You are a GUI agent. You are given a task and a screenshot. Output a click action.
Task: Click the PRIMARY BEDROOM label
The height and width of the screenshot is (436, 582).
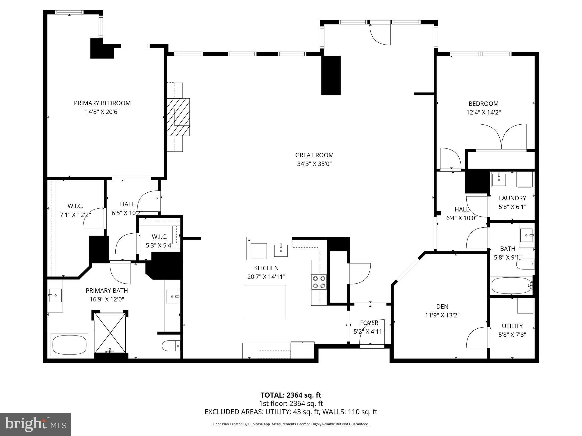pyautogui.click(x=102, y=103)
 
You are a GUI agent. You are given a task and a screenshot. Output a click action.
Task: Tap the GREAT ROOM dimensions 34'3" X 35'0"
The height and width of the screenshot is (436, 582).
pyautogui.click(x=314, y=164)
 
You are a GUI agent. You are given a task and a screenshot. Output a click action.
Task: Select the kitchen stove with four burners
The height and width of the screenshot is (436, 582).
pyautogui.click(x=319, y=282)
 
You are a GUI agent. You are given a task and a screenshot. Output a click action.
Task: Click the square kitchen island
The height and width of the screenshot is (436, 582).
pyautogui.click(x=265, y=302)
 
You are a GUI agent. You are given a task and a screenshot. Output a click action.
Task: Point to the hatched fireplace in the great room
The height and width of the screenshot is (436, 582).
pyautogui.click(x=178, y=117)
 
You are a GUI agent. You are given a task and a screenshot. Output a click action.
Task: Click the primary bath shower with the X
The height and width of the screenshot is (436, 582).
pyautogui.click(x=110, y=332)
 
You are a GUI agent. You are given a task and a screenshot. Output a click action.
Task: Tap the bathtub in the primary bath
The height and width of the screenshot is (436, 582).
pyautogui.click(x=69, y=345)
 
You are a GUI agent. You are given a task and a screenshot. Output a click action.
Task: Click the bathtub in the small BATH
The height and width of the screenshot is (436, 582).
pyautogui.click(x=511, y=286)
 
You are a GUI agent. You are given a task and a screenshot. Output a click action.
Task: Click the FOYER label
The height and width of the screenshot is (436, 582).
pyautogui.click(x=369, y=323)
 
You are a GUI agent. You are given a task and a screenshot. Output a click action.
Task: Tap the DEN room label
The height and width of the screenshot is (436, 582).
pyautogui.click(x=442, y=306)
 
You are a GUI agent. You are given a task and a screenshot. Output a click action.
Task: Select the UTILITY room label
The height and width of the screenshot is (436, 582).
pyautogui.click(x=512, y=326)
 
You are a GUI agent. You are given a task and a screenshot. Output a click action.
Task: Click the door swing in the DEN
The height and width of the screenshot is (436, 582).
pyautogui.click(x=477, y=338)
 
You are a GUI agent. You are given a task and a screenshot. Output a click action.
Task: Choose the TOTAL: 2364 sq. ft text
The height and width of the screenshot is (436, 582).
pyautogui.click(x=291, y=395)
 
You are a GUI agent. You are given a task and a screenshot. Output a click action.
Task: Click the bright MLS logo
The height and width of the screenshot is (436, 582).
pyautogui.click(x=36, y=424)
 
